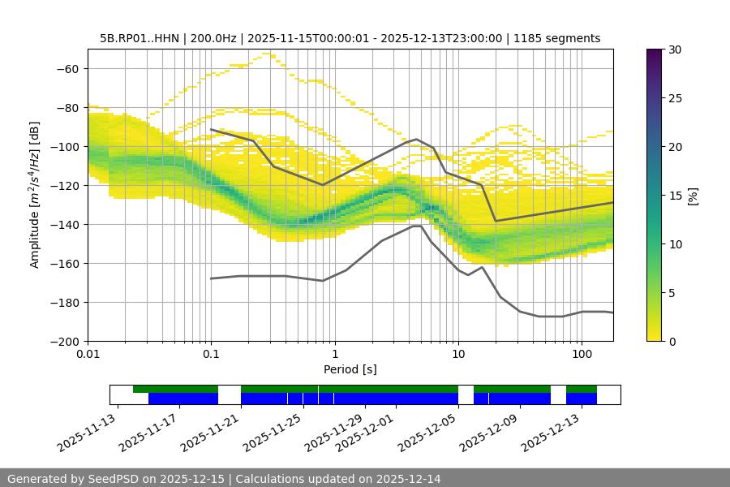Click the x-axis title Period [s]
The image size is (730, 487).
coord(350,369)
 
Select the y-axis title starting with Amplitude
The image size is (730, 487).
coord(35,195)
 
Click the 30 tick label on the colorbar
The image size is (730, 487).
coord(675,50)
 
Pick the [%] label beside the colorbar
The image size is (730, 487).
coord(693,195)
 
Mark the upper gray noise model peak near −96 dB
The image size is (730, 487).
coord(417,139)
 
